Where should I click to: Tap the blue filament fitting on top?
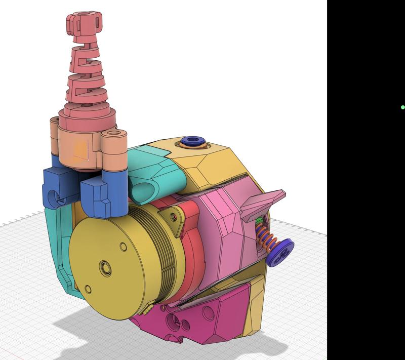(x=192, y=141)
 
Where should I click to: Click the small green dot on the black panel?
(x=402, y=107)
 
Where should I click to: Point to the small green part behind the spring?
(x=259, y=221)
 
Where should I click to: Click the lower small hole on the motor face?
(x=89, y=289)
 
